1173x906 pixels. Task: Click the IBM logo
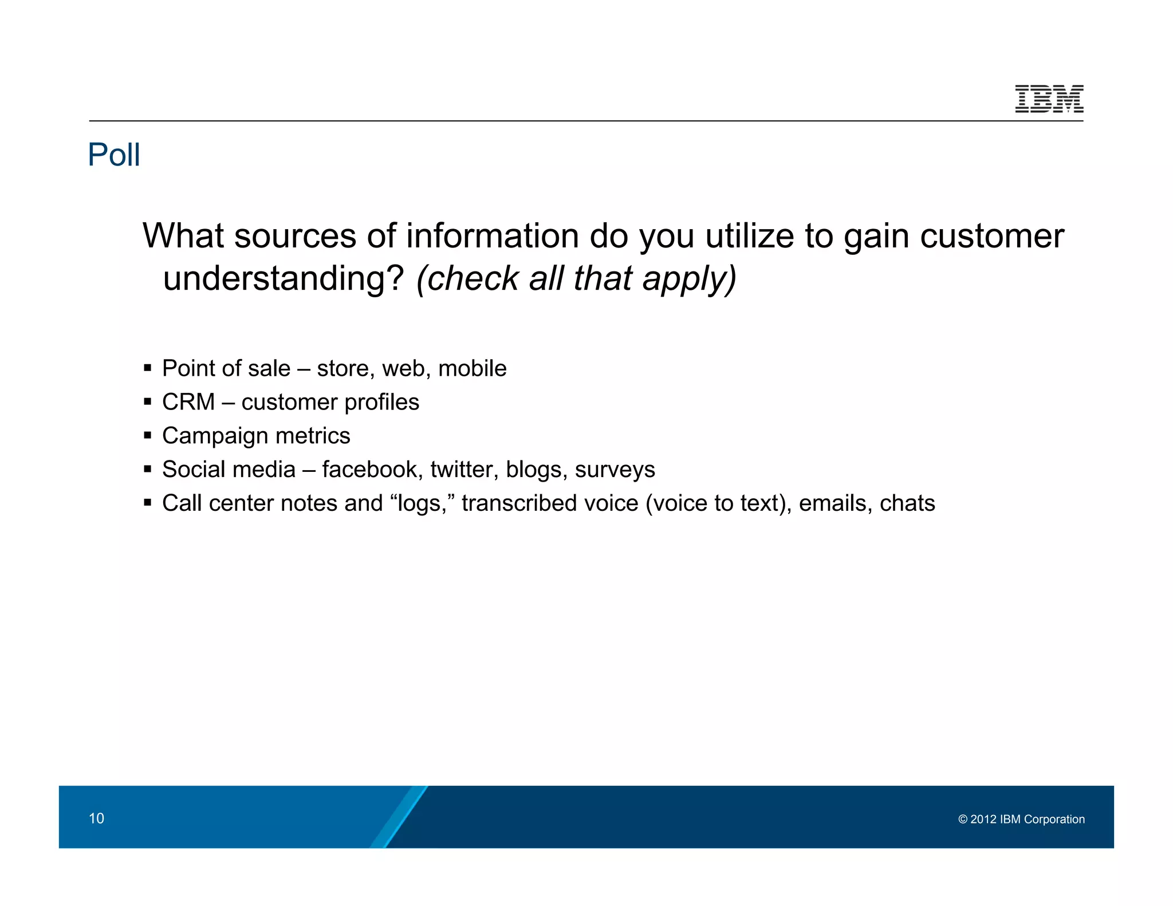tap(1049, 99)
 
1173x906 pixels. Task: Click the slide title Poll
tap(114, 155)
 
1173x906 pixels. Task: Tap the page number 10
tap(96, 818)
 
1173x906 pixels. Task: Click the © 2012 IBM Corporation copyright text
tap(1021, 819)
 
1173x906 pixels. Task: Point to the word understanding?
tap(284, 278)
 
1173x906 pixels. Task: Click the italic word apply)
tap(689, 279)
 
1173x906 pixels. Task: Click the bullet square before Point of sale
tap(148, 368)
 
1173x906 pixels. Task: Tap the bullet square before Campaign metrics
tap(148, 435)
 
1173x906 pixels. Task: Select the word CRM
tap(188, 402)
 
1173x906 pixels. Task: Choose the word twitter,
tap(465, 470)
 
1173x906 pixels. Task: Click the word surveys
tap(615, 470)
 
